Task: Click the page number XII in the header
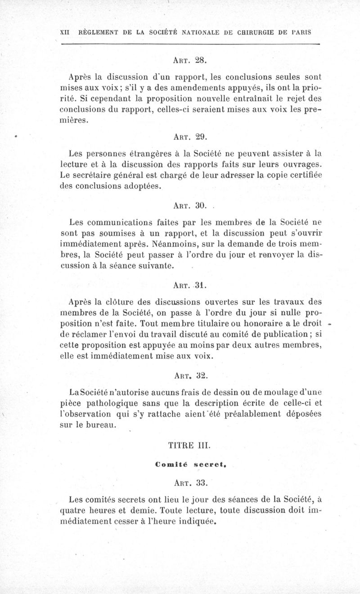(x=66, y=33)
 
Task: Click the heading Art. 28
(x=189, y=59)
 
